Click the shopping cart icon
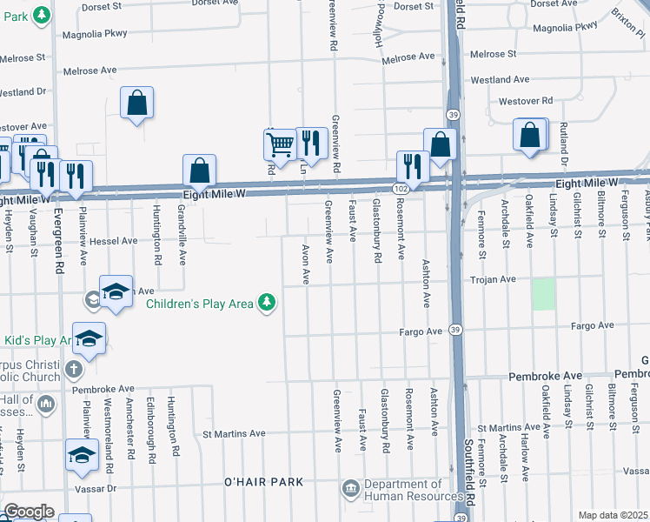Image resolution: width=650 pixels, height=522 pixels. tap(280, 143)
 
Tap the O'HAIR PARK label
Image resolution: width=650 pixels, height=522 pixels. tap(263, 482)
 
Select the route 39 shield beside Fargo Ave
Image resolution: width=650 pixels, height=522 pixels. tap(455, 330)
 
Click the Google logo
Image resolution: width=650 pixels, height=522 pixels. tap(28, 512)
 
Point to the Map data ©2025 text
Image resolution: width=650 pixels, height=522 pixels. tap(613, 515)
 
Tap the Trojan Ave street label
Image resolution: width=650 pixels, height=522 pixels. tap(493, 280)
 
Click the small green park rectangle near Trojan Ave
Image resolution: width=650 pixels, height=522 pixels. tap(543, 294)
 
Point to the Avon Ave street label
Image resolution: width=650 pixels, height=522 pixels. tap(305, 264)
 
